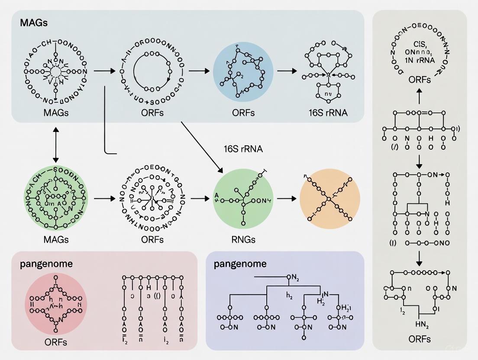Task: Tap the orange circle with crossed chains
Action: tap(329, 199)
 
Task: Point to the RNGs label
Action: tap(243, 239)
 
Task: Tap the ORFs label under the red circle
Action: tap(55, 342)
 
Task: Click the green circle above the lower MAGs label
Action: tap(55, 199)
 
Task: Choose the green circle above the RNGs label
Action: tap(243, 199)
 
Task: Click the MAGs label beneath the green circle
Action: tap(55, 239)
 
